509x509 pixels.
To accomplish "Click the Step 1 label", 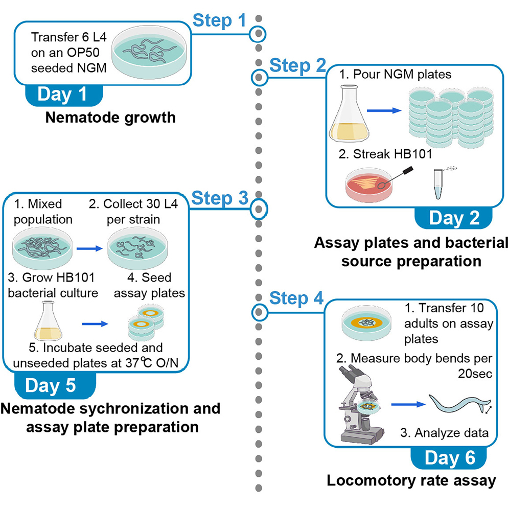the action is click(219, 21).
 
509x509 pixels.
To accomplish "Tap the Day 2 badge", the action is click(453, 218).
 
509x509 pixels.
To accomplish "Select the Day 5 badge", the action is click(55, 385).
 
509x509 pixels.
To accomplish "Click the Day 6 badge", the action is click(449, 458).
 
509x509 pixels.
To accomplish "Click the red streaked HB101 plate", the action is click(369, 184).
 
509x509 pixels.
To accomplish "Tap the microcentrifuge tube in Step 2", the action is click(438, 184).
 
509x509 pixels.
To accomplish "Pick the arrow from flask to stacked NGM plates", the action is click(384, 110).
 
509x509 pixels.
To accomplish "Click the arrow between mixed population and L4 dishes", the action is click(89, 249).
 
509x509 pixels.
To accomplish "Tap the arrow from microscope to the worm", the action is click(408, 404).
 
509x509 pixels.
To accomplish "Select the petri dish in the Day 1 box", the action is click(149, 54).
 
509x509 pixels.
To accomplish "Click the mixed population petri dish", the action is click(42, 248).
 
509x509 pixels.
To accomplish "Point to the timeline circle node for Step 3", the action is click(259, 210).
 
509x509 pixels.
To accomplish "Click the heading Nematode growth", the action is click(110, 118).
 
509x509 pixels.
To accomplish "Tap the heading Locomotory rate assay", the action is click(411, 480).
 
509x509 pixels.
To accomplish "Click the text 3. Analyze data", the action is click(445, 433).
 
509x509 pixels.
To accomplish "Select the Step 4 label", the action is click(296, 298).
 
